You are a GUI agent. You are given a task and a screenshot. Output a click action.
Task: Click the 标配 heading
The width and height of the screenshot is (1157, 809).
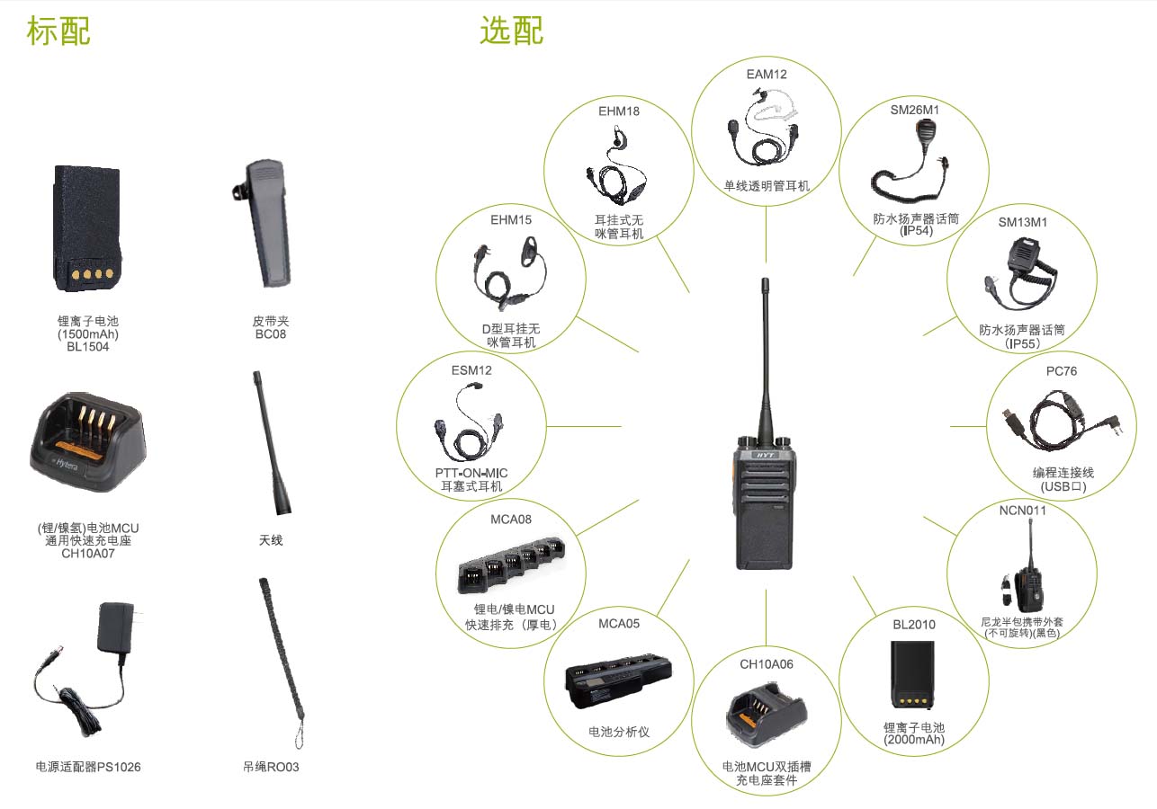click(x=58, y=31)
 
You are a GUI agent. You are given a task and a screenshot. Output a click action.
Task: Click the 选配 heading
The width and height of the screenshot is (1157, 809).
click(x=511, y=31)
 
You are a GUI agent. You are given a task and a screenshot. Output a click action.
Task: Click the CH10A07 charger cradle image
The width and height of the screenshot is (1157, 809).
click(x=87, y=442)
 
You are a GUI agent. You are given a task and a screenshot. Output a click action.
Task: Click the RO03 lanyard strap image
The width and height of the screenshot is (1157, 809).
click(x=279, y=661)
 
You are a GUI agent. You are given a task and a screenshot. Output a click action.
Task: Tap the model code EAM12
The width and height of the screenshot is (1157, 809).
click(x=767, y=74)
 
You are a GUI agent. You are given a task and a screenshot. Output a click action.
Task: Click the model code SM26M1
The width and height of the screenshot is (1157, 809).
click(x=914, y=110)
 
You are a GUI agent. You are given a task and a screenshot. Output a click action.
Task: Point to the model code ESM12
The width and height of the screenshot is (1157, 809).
click(x=471, y=369)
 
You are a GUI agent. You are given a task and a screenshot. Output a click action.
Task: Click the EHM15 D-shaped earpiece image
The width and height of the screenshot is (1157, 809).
click(x=508, y=270)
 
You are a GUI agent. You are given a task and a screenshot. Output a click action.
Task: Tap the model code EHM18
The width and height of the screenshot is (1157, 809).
click(x=619, y=111)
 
